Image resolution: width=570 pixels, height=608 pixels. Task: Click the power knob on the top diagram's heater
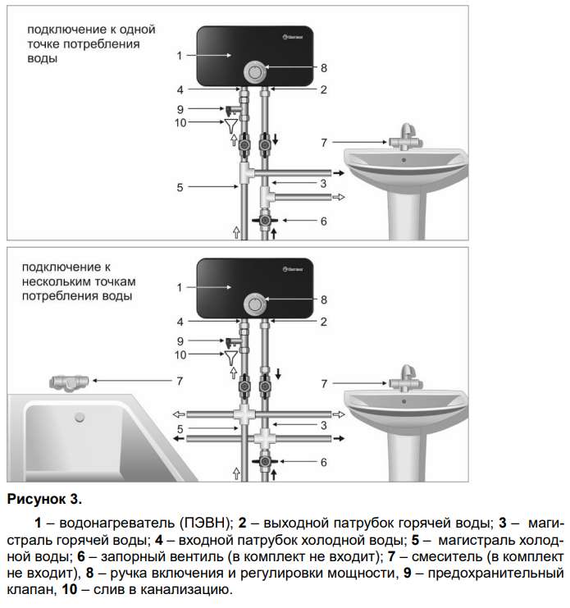[x=255, y=71]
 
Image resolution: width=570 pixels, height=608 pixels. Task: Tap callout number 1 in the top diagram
[x=179, y=56]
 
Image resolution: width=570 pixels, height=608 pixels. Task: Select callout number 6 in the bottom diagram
[x=323, y=462]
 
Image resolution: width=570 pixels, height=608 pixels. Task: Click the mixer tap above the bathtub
[x=67, y=381]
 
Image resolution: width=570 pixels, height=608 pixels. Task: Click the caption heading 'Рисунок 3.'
[x=44, y=498]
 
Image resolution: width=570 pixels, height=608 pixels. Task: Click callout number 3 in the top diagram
[x=323, y=182]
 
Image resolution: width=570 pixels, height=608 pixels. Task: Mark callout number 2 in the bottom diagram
[x=323, y=322]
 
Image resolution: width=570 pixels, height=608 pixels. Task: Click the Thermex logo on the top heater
[x=294, y=36]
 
